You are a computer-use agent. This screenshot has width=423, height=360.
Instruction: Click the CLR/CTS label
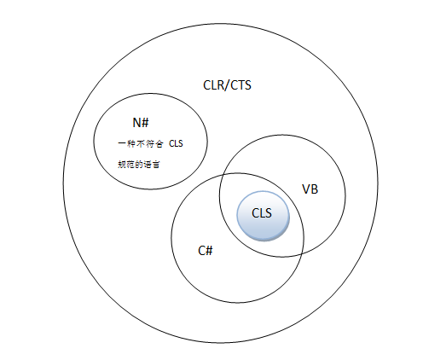click(x=227, y=85)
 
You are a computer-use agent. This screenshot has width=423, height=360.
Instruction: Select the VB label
click(x=310, y=189)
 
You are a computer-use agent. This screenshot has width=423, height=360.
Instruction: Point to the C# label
click(x=205, y=250)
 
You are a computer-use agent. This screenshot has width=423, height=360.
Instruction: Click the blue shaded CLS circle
click(x=263, y=214)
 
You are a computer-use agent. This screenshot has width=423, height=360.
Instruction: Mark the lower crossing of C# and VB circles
click(x=302, y=253)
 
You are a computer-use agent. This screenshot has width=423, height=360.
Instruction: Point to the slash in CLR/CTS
click(x=227, y=85)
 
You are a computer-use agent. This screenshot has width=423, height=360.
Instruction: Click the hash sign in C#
click(x=209, y=250)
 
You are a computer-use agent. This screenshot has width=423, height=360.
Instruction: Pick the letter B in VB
click(x=315, y=189)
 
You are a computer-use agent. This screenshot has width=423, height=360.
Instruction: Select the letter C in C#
click(x=200, y=250)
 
